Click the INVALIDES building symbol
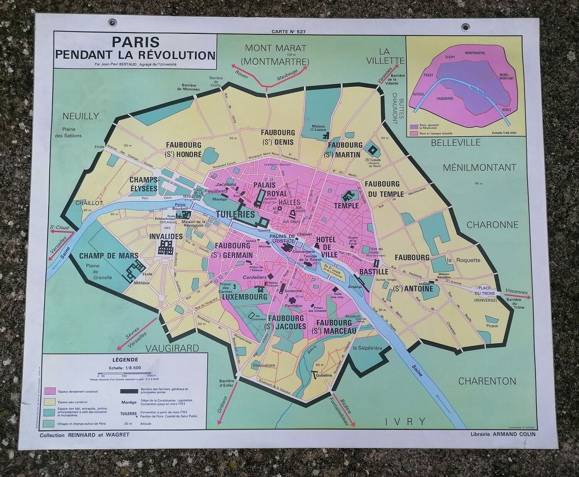click(165, 248)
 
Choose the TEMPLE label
click(346, 205)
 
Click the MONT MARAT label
click(275, 49)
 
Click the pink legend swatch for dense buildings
click(49, 391)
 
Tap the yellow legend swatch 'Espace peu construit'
click(49, 401)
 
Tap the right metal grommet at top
click(466, 27)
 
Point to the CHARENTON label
click(487, 381)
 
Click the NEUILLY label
click(81, 116)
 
